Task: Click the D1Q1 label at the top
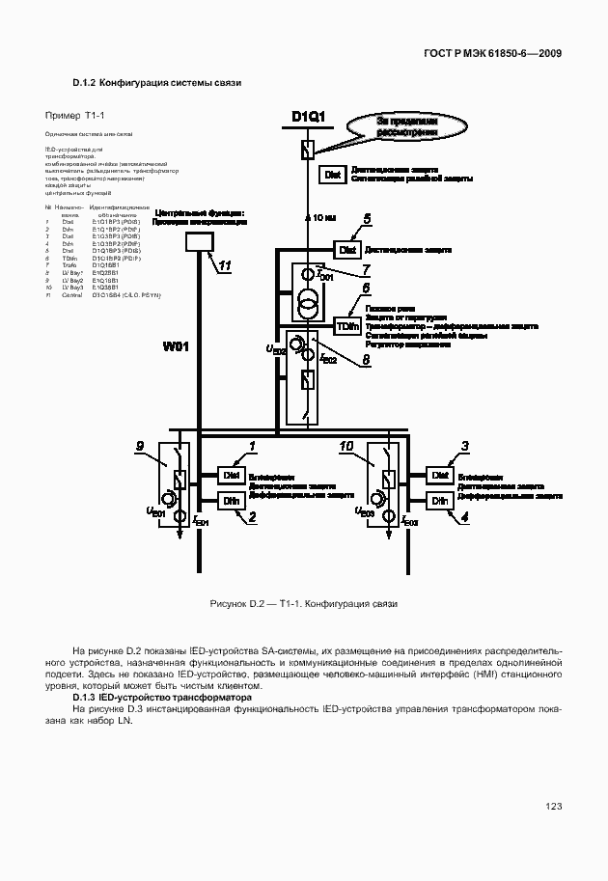[x=308, y=118]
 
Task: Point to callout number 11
[x=224, y=266]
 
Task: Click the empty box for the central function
[x=200, y=241]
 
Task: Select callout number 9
[x=140, y=445]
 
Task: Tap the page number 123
[x=553, y=807]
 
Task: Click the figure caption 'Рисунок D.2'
[x=236, y=603]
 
